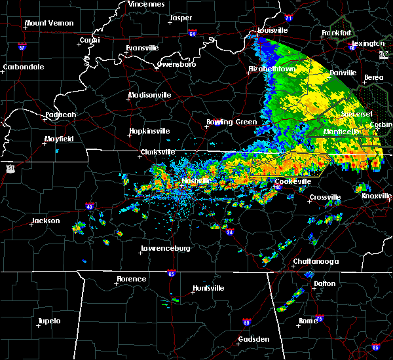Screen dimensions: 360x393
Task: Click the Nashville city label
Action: (x=196, y=181)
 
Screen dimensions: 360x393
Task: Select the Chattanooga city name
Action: (x=315, y=262)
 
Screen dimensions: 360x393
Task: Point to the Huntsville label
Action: (x=208, y=289)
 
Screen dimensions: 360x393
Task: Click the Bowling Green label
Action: (x=228, y=122)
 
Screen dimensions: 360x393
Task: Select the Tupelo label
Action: (x=48, y=321)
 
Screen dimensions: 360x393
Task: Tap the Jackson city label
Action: (x=46, y=221)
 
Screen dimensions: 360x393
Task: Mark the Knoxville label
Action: (x=377, y=196)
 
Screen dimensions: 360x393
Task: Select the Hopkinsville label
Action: (x=149, y=131)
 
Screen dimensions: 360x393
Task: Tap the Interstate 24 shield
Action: (x=230, y=232)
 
